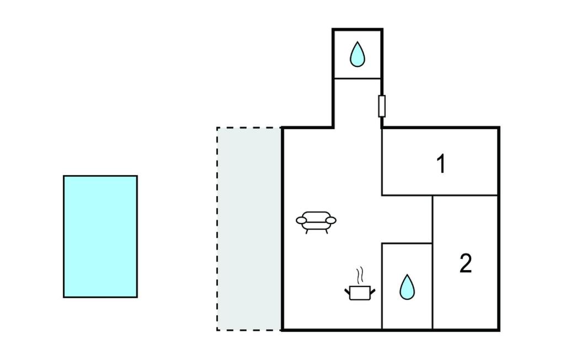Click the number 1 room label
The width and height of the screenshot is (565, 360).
(440, 164)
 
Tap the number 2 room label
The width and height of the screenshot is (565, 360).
(466, 264)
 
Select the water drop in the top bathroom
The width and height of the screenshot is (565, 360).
(358, 54)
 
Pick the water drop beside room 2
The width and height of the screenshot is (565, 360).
(407, 287)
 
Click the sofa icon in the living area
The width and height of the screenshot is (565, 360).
(316, 221)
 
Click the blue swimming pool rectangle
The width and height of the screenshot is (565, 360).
(100, 236)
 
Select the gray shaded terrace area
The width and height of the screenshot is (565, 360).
(249, 229)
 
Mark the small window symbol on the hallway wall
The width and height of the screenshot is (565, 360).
(381, 106)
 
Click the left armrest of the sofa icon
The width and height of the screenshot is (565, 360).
(301, 220)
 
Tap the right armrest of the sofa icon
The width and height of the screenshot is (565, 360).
(331, 220)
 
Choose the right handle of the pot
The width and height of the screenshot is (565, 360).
(374, 289)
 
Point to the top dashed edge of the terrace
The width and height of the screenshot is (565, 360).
(249, 128)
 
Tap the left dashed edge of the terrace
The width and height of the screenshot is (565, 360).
(217, 229)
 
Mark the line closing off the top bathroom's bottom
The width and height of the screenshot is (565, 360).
(358, 78)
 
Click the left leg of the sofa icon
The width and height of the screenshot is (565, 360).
(307, 231)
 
